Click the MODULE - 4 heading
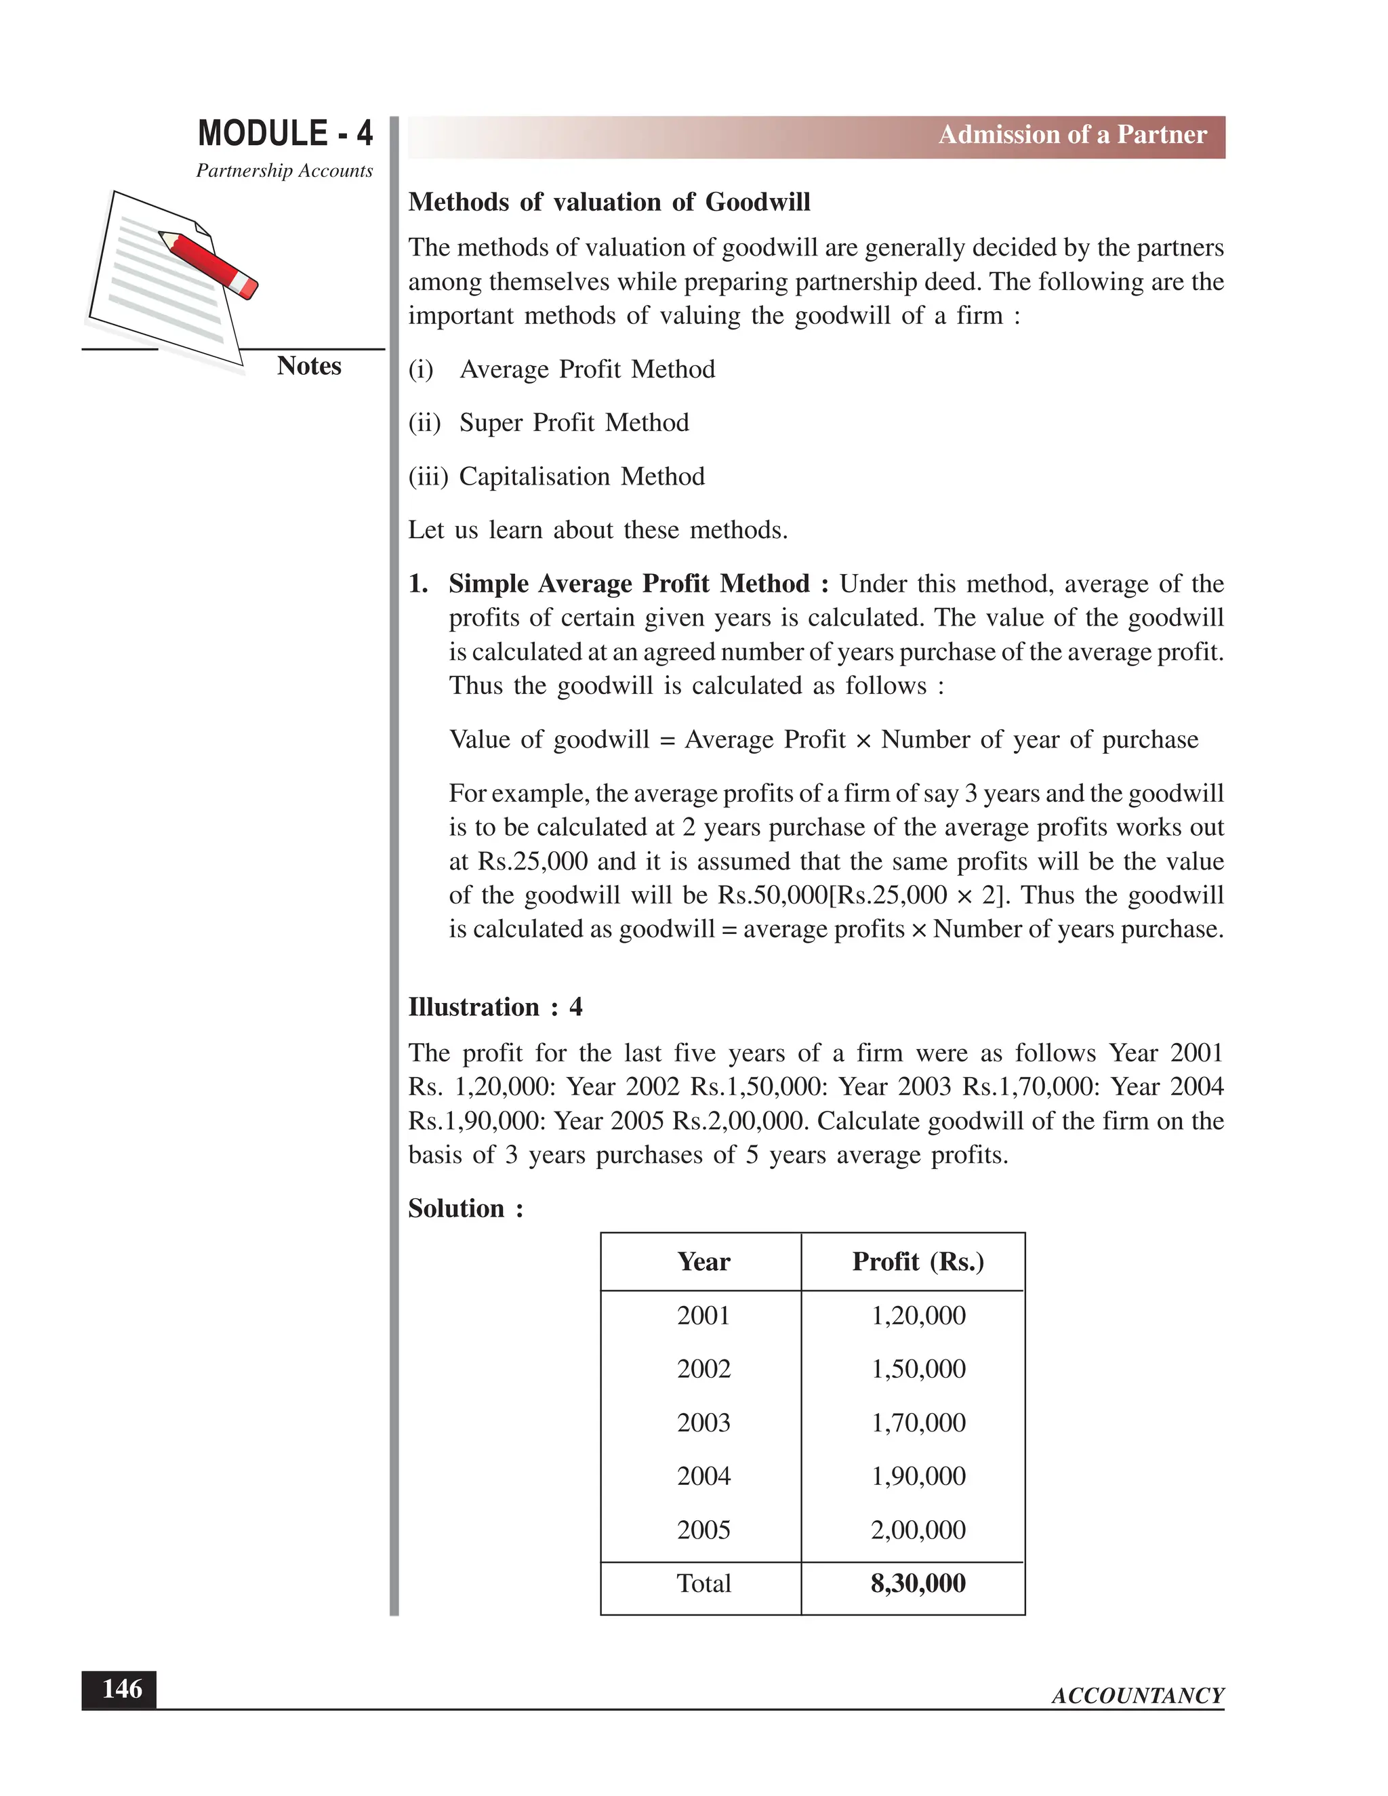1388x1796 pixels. (x=285, y=134)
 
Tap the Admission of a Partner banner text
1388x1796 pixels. (x=1072, y=135)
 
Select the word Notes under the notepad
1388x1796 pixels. (x=308, y=366)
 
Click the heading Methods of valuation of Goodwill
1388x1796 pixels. (x=609, y=202)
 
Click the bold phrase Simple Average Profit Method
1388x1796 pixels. (x=629, y=584)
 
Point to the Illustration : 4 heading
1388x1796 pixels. (x=495, y=1007)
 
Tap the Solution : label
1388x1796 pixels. (x=466, y=1209)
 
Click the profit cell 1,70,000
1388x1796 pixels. (x=918, y=1423)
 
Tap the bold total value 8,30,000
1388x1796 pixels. (x=918, y=1583)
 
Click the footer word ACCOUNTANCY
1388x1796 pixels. (x=1137, y=1696)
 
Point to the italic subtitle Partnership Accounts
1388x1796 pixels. (x=284, y=171)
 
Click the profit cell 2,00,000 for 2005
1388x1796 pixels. (x=918, y=1530)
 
